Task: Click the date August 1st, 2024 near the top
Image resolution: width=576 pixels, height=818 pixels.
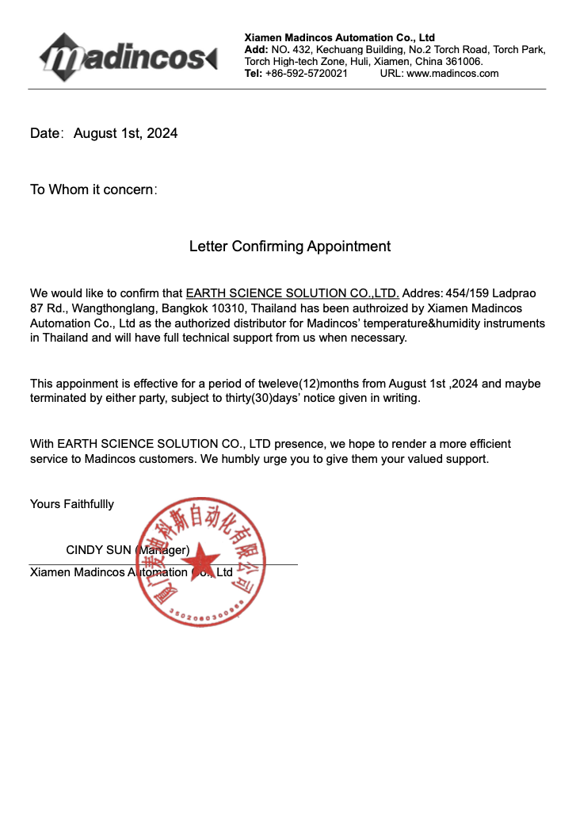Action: (x=125, y=133)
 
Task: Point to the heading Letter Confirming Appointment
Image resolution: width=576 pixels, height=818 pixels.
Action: (x=289, y=247)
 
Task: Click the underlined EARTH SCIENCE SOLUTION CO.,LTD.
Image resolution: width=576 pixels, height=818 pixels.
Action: (x=292, y=293)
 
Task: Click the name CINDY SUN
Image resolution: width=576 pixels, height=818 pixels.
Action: (x=98, y=550)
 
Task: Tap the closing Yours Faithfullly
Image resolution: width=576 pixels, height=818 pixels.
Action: (x=72, y=504)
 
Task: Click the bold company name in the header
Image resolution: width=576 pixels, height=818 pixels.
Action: (x=339, y=37)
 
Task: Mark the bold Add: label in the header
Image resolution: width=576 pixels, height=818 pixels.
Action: (x=256, y=49)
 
